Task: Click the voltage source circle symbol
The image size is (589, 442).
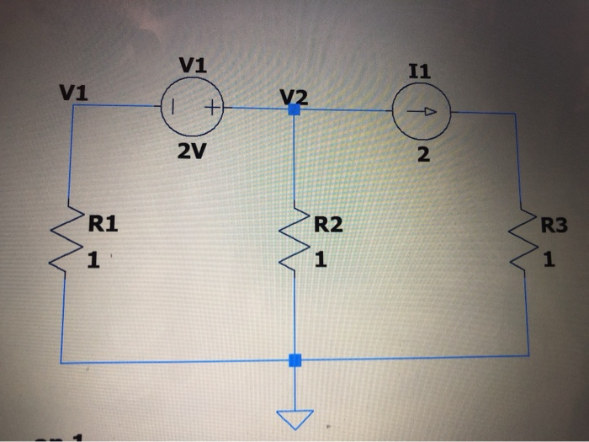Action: [193, 108]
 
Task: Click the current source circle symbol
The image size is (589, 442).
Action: [421, 110]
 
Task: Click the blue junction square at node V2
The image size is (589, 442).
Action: [294, 109]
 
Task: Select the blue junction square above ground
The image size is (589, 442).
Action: [294, 360]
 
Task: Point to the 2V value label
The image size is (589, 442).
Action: [193, 152]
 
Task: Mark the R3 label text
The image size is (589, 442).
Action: [555, 226]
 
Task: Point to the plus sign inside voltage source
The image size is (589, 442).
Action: [210, 108]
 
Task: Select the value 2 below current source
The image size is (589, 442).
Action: [422, 154]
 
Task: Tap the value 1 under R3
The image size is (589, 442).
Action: [549, 261]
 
